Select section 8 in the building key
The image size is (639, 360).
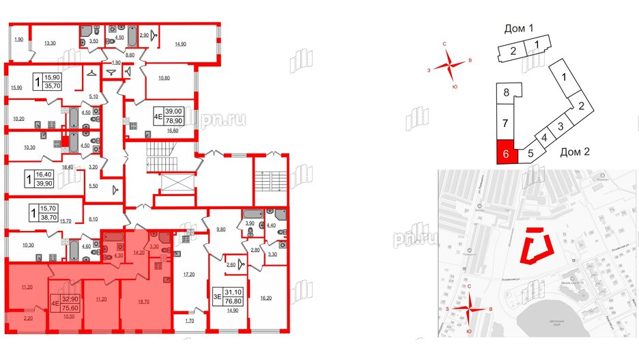(506, 93)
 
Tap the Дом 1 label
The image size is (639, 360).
(517, 29)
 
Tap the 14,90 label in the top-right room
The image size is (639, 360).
(181, 44)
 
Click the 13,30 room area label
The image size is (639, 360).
(50, 44)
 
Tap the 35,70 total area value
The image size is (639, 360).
(52, 87)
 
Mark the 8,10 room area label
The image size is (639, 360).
(95, 220)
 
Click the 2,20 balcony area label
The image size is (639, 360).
(27, 318)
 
